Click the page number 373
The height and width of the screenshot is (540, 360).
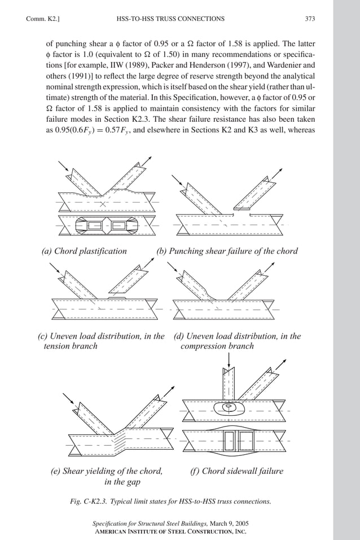(x=309, y=19)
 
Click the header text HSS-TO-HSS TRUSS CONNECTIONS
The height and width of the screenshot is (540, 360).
(x=170, y=19)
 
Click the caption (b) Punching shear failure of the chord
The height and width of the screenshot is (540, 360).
(x=227, y=251)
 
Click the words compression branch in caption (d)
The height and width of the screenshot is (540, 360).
(x=217, y=346)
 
